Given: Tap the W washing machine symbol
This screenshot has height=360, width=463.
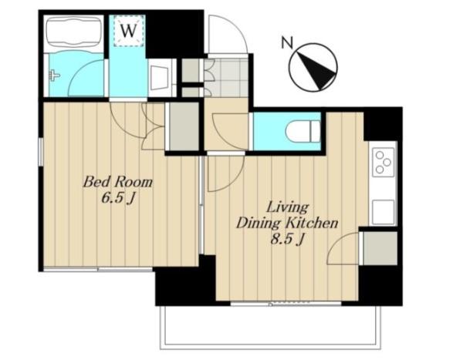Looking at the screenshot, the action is point(129,31).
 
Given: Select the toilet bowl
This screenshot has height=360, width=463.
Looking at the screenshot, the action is point(302,132).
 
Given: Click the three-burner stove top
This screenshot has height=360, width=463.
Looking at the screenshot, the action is point(384,162).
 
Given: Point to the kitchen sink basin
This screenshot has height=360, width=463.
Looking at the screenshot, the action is point(383,211).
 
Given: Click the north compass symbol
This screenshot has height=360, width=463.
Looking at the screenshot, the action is point(313,67).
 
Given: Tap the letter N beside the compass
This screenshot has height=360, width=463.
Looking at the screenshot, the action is point(287,43).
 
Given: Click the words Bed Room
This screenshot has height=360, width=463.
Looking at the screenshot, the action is point(118,182).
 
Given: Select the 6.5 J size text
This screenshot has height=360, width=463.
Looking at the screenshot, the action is point(118,198).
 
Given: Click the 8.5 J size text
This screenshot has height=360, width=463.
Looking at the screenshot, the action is point(287,239).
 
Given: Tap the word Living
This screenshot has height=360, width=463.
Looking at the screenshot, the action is point(288,207).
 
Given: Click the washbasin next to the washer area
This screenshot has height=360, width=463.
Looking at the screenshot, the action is point(160,78).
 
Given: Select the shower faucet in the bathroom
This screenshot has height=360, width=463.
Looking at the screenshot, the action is point(54,76).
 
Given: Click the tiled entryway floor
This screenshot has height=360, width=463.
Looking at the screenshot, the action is point(226,78).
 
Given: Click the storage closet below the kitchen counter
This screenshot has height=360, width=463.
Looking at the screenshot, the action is point(380,248).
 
